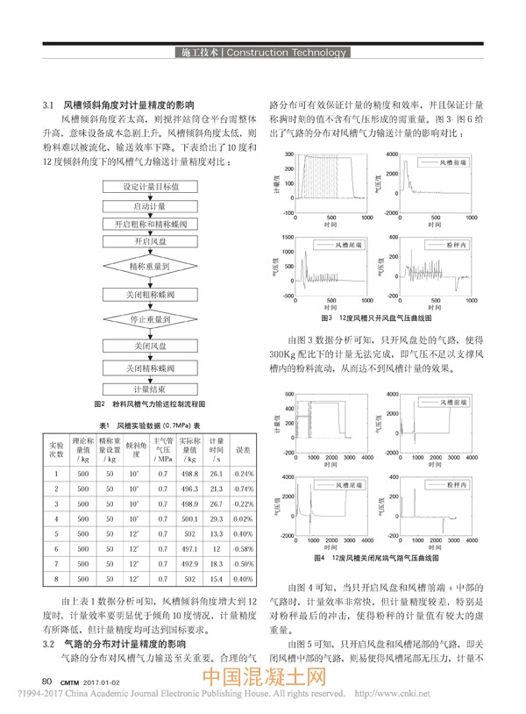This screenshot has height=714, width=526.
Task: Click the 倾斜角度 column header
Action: pos(136,449)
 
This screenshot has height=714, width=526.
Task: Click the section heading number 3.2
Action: pos(49,644)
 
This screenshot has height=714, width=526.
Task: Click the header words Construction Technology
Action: pos(286,53)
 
